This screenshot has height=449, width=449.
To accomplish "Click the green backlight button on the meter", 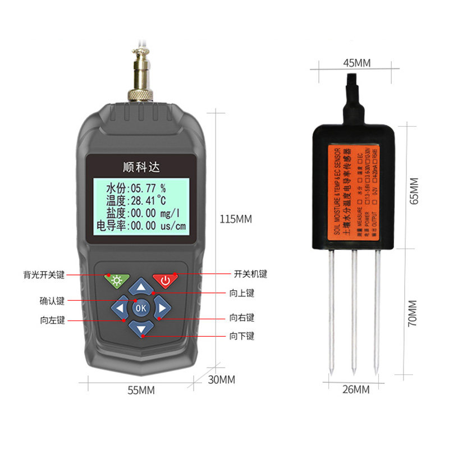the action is pos(116,280).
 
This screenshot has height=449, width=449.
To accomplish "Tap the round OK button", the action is pos(141,308).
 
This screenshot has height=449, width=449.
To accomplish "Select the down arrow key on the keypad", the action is pos(141,328).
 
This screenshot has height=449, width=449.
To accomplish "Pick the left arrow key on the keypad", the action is pos(121,308).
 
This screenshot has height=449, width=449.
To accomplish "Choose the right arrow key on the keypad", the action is pos(161,308).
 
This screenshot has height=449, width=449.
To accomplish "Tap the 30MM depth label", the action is pos(221,379).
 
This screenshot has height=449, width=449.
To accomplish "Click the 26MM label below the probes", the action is pos(355,389).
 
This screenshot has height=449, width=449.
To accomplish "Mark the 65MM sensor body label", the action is pos(414,191).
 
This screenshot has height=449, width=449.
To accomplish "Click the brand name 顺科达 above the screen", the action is pos(141,166).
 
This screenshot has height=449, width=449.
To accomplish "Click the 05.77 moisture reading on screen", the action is pos(145,187).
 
